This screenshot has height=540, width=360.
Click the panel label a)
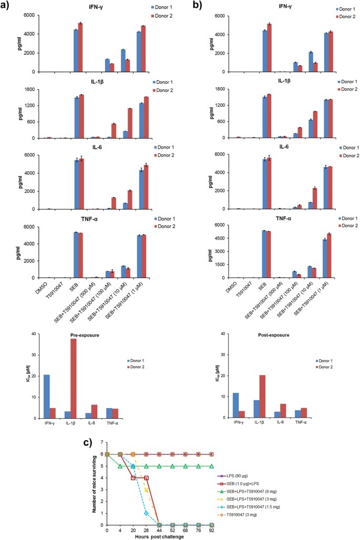click(11, 7)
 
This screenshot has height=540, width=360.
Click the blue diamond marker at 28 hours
click(146, 513)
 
